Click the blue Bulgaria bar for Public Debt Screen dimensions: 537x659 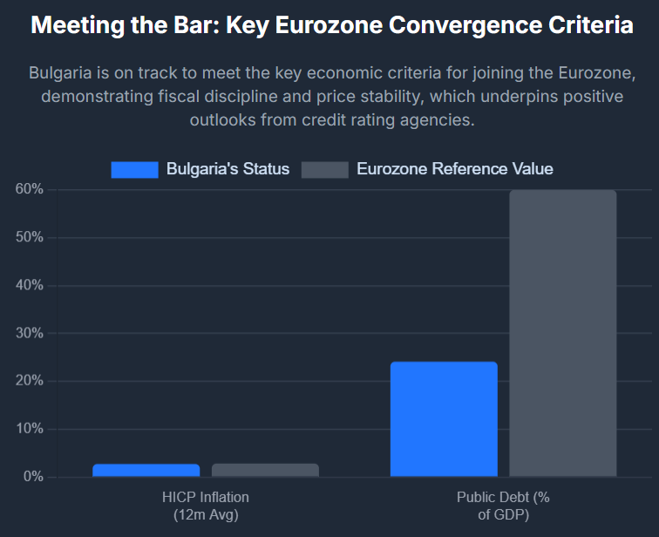(x=444, y=419)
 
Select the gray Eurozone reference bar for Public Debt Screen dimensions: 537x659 (x=562, y=333)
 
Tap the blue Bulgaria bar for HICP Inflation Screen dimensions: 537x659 (x=146, y=470)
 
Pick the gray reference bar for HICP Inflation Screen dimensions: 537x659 (x=265, y=470)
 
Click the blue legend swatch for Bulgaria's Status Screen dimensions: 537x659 (x=134, y=169)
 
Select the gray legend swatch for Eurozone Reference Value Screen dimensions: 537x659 (x=324, y=169)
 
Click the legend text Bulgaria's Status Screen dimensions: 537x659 (x=228, y=169)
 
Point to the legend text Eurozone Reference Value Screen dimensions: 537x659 (x=454, y=169)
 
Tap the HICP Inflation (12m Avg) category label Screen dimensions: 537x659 (x=205, y=506)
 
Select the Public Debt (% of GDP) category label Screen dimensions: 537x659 (x=503, y=506)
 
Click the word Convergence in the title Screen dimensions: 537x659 (x=452, y=25)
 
